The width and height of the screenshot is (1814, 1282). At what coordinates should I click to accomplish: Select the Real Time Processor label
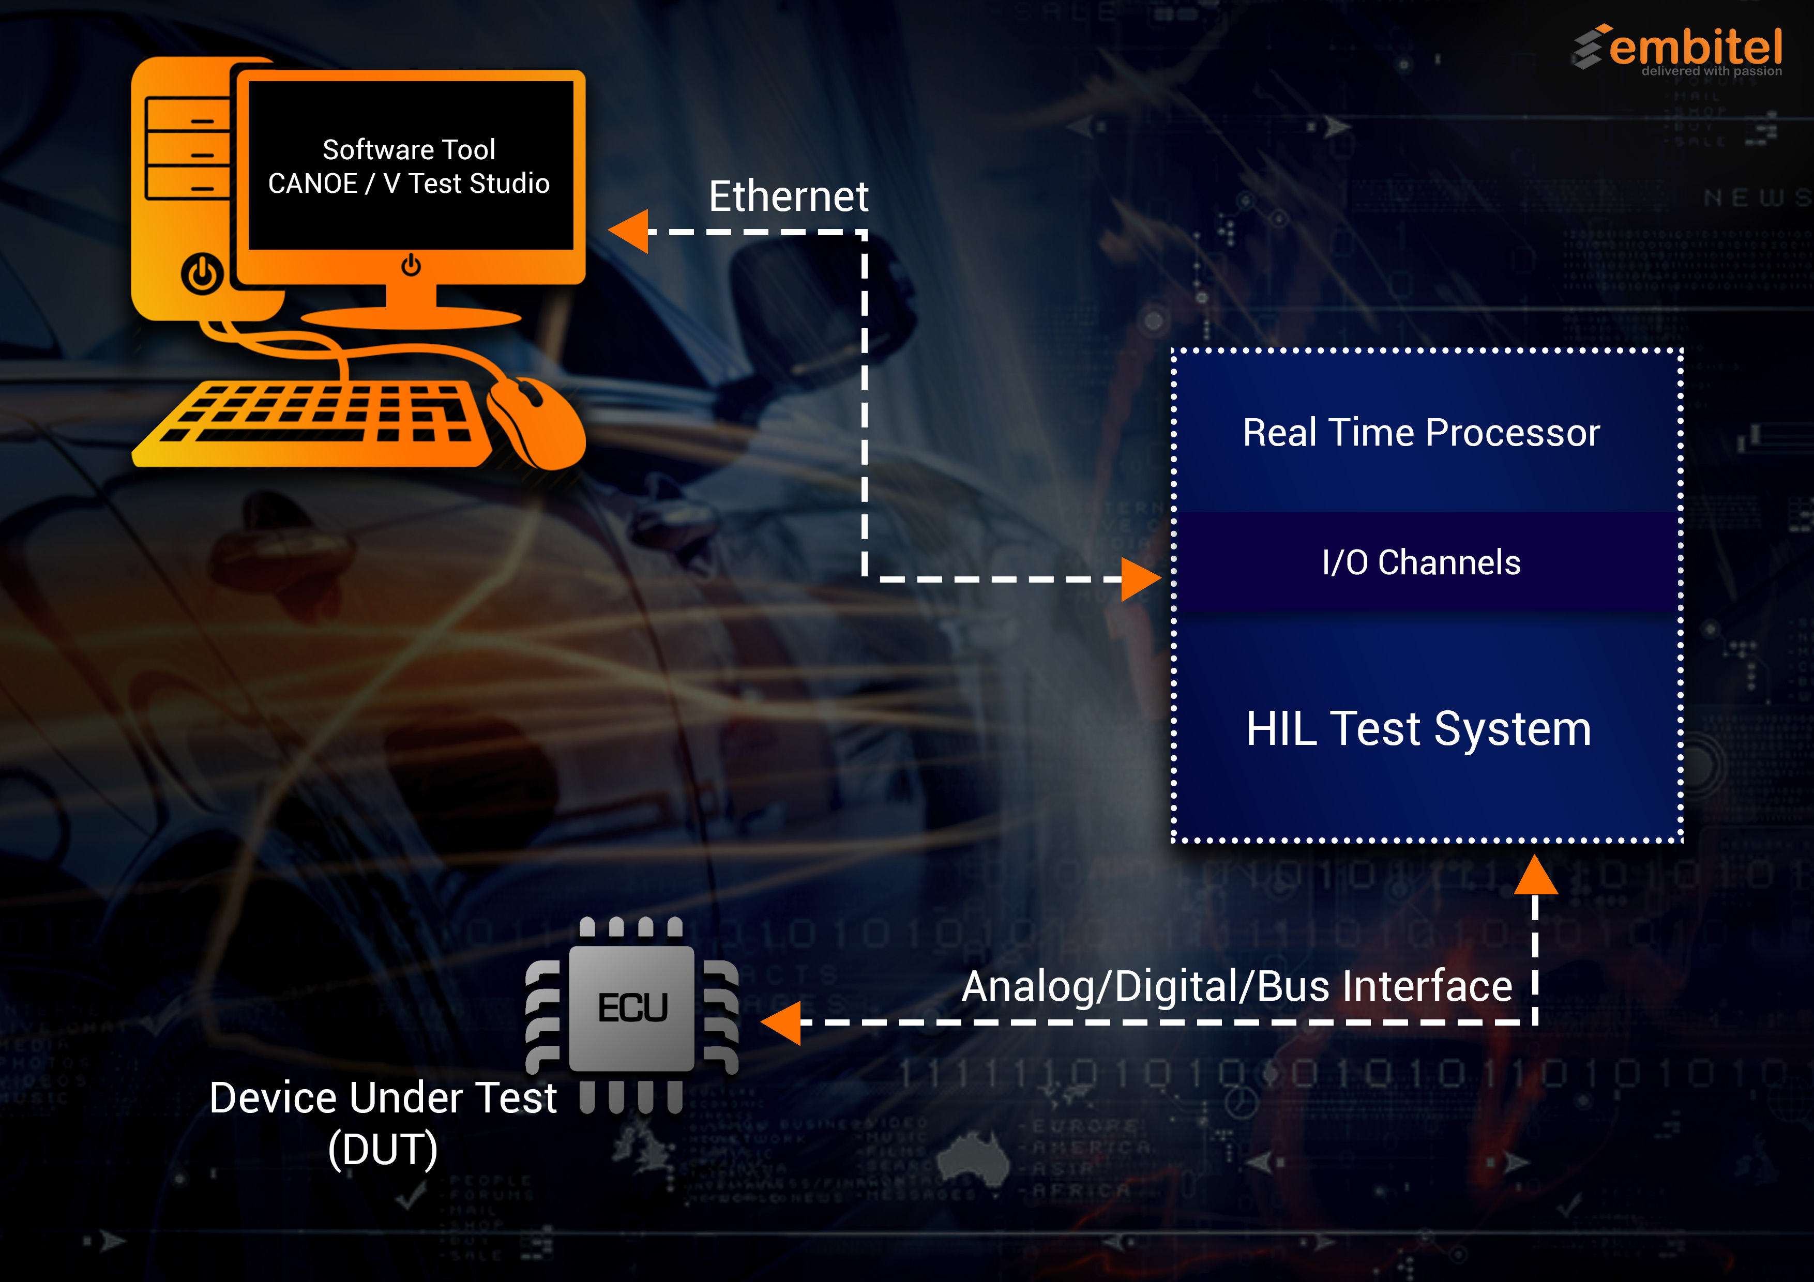click(x=1420, y=432)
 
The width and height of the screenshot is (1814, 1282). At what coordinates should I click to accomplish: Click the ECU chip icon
click(x=632, y=1009)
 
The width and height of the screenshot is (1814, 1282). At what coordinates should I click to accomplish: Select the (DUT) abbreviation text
click(x=383, y=1149)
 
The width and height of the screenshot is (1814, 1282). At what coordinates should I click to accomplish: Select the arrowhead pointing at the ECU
click(x=782, y=1022)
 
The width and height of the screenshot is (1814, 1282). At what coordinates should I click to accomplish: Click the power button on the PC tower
click(x=202, y=274)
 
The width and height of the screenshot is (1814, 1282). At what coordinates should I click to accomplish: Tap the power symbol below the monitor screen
click(x=411, y=265)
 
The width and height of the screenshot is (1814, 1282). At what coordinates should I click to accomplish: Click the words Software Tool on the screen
click(x=409, y=149)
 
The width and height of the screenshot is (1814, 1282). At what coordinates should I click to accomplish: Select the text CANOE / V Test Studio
click(x=409, y=184)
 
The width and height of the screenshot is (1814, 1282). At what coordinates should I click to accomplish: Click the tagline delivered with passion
click(x=1711, y=71)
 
